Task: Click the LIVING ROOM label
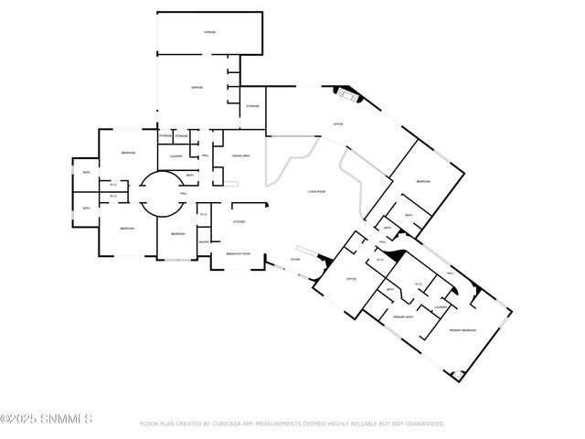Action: click(x=316, y=191)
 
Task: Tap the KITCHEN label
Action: click(x=239, y=221)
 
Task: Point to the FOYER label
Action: click(x=295, y=260)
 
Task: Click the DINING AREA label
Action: click(x=241, y=156)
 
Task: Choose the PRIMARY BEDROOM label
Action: click(x=462, y=329)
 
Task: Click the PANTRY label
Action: click(x=204, y=241)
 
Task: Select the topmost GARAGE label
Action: click(x=209, y=31)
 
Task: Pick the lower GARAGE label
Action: click(x=197, y=88)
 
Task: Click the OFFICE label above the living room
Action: click(x=338, y=123)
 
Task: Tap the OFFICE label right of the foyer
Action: click(x=350, y=279)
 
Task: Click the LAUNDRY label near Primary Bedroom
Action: click(x=440, y=307)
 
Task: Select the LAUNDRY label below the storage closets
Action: click(x=175, y=156)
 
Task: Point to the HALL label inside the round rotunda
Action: click(x=184, y=194)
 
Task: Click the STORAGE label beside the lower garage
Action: click(x=252, y=106)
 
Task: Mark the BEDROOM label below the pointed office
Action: click(x=423, y=181)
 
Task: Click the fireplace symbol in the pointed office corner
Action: click(x=346, y=92)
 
